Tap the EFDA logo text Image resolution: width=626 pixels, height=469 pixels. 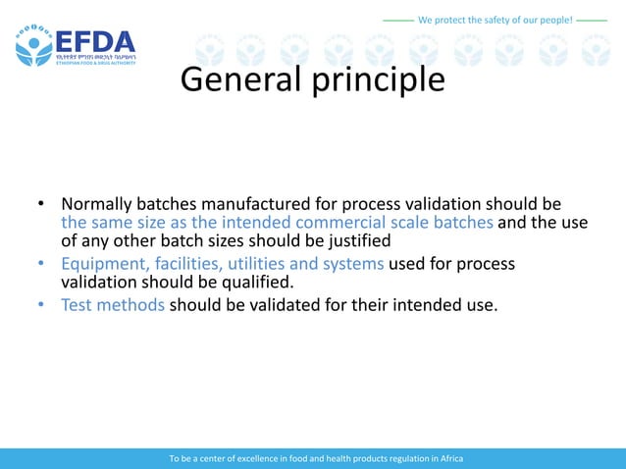tap(95, 42)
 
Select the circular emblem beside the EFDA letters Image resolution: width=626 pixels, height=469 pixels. tap(33, 45)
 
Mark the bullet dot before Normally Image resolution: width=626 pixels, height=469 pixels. tap(42, 205)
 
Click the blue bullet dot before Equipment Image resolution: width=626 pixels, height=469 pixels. tap(42, 265)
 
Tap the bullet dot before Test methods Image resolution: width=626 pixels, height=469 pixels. tap(42, 305)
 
